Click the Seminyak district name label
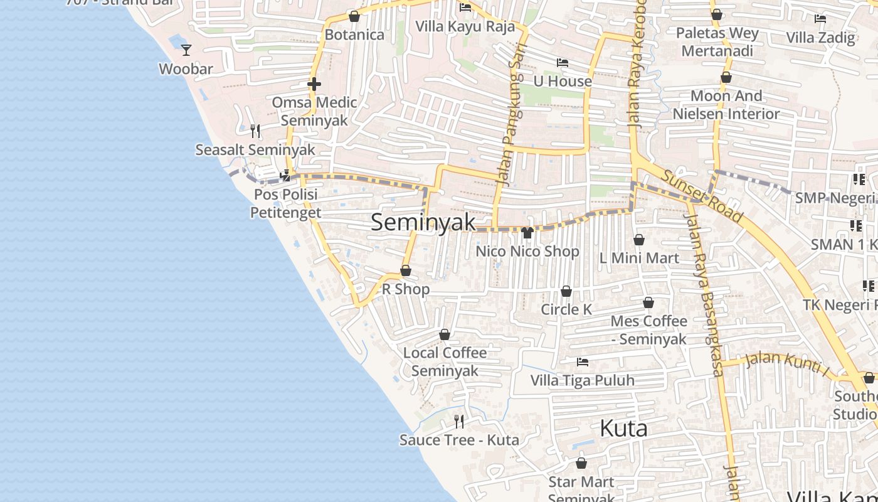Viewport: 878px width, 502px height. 423,222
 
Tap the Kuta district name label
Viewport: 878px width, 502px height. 623,429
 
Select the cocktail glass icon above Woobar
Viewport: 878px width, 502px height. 186,50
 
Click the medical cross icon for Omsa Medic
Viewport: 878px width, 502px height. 314,83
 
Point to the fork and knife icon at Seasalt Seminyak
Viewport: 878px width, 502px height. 255,131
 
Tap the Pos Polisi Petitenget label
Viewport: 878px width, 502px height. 286,203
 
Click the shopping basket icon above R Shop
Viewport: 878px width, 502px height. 406,271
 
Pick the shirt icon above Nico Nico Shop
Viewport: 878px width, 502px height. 527,233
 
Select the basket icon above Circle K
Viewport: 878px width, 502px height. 566,292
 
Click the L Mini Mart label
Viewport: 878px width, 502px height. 639,258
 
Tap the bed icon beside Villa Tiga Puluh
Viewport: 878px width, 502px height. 583,362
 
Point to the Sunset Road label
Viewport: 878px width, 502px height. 702,196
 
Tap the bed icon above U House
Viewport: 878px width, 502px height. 563,63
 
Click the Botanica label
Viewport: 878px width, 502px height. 354,35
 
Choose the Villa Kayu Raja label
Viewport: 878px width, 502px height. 465,26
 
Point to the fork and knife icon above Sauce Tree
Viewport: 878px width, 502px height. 459,421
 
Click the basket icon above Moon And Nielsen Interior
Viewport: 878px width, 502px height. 726,78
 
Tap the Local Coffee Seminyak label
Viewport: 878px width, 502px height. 445,361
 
